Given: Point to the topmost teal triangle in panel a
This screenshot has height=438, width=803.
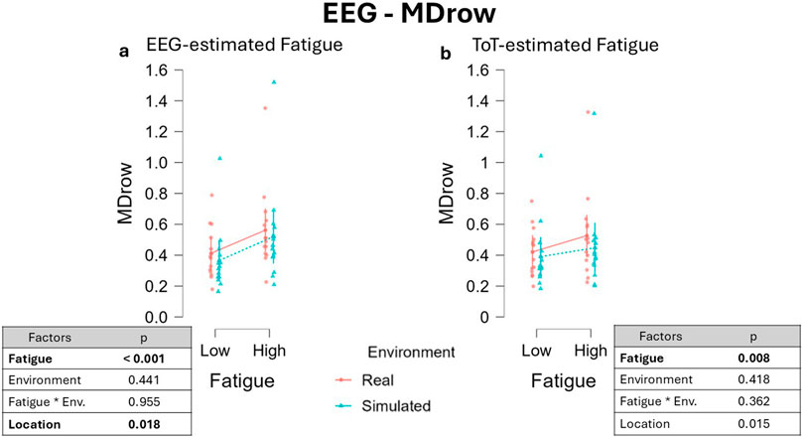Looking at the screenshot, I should pos(273,81).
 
